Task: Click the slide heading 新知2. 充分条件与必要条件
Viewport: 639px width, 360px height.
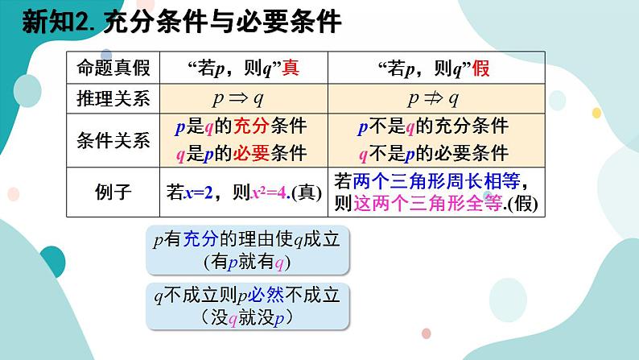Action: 182,23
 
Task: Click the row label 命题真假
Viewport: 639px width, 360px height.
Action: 113,68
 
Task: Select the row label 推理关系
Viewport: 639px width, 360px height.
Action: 113,99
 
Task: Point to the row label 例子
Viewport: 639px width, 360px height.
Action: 113,192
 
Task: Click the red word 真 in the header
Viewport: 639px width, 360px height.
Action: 291,68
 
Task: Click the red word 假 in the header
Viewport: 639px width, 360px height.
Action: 481,68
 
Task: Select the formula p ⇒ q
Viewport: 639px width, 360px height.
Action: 243,99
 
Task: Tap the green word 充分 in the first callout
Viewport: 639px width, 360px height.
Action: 196,238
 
